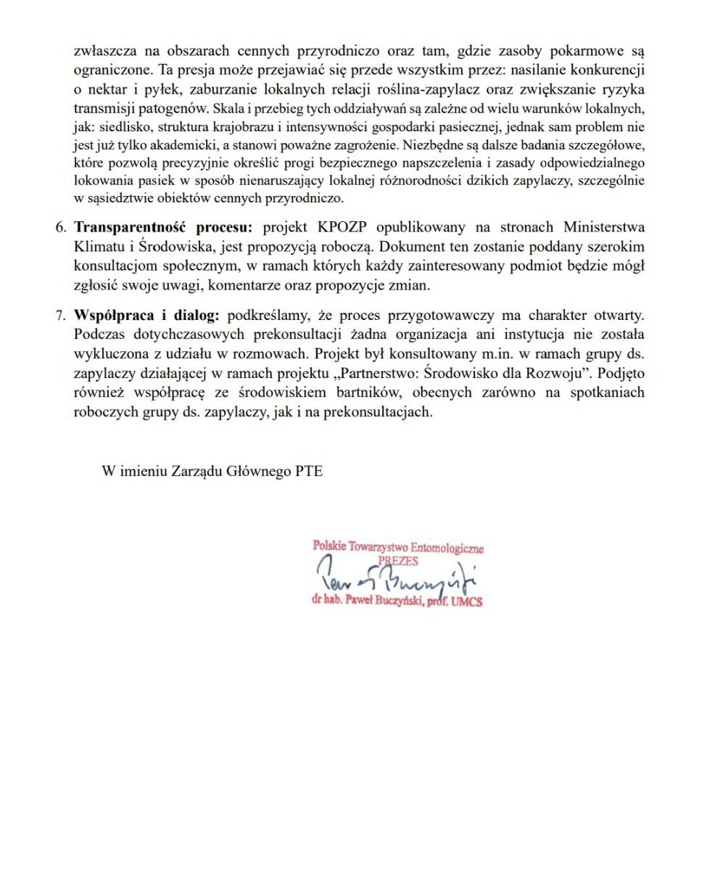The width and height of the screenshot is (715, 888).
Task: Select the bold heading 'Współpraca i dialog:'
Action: pos(148,316)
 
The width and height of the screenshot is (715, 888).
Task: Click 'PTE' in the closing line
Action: pos(308,471)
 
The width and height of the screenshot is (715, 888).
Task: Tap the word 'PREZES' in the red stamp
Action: pos(397,561)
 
